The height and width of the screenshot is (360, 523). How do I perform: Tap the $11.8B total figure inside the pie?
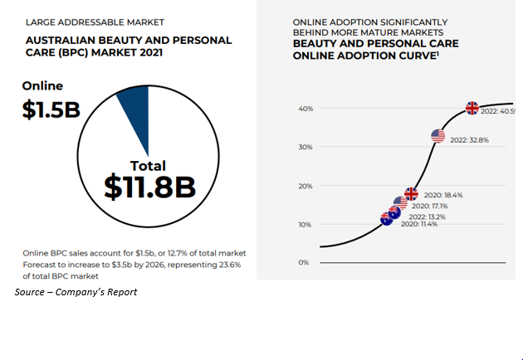pos(149,187)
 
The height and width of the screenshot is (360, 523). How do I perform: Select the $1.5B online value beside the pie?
pos(51,109)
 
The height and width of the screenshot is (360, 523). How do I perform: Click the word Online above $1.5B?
pos(42,85)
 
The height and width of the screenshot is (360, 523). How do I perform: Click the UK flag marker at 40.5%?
pos(472,108)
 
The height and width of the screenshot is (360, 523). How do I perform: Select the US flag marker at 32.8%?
pos(438,135)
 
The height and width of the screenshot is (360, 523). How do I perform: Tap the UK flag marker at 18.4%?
pos(411,193)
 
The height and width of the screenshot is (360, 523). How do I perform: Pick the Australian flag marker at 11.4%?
pos(387,218)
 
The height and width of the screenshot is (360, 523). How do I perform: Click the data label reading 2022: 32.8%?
pos(470,140)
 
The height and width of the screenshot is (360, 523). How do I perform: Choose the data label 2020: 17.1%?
pos(430,206)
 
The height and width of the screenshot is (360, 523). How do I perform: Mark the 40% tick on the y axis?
pos(305,109)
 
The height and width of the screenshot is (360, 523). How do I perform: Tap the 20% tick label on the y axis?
pos(305,186)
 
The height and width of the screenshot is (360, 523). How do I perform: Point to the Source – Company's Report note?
pos(76,292)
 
